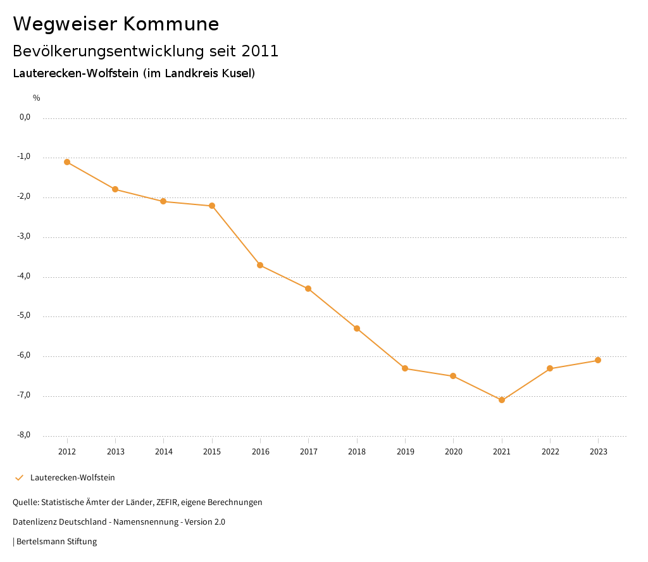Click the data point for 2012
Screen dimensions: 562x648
coord(67,162)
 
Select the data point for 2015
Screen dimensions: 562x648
coord(212,206)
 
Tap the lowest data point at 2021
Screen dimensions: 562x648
coord(502,400)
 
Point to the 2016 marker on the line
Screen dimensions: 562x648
coord(260,265)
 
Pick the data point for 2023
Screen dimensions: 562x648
coord(598,360)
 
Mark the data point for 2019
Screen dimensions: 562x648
coord(405,368)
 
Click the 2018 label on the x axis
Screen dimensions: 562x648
coord(357,452)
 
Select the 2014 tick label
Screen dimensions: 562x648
coord(164,452)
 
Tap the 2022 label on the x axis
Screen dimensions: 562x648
coord(550,452)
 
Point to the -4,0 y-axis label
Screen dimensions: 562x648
coord(25,277)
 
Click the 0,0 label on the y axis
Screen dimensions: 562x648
coord(25,117)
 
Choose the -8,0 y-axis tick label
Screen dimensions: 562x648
coord(25,435)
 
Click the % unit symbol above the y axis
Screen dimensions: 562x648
coord(37,98)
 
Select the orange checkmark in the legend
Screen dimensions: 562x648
coord(19,478)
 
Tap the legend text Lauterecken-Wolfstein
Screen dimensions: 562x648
coord(73,478)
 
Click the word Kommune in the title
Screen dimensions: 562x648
coord(171,24)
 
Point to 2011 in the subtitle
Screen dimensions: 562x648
coord(260,51)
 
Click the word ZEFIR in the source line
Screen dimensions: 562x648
coord(168,503)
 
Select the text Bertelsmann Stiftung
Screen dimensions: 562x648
coord(57,542)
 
